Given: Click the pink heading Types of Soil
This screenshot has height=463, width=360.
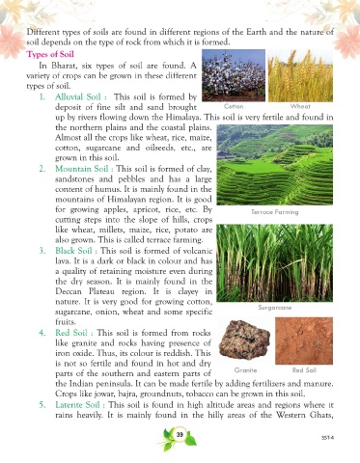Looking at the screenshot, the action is (50, 54).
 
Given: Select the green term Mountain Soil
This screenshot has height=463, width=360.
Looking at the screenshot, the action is (82, 169).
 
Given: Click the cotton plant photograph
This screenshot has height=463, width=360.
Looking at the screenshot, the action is (234, 75).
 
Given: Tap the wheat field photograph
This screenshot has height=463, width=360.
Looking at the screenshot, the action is (300, 76).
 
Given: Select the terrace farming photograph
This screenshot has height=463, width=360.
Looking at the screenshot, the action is (275, 165).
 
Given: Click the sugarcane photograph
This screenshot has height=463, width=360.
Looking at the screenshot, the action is (275, 263).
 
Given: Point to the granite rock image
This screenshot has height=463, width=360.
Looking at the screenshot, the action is (244, 340).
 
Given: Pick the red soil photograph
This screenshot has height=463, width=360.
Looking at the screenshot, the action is (304, 340).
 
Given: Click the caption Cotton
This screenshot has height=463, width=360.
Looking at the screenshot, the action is (234, 106).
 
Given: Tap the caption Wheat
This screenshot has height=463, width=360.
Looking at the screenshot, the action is (300, 106).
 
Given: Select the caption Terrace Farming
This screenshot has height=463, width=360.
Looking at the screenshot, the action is (275, 212).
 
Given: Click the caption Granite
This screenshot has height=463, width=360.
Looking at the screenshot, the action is (245, 370).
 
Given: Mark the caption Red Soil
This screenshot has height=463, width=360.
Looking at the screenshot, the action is (304, 370).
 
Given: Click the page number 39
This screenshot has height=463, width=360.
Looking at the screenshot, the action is (180, 435).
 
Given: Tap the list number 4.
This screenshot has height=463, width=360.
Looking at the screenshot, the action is (42, 333).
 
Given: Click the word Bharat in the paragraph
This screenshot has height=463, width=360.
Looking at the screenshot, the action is (63, 66).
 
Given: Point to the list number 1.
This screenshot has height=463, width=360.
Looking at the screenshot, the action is (42, 97).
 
